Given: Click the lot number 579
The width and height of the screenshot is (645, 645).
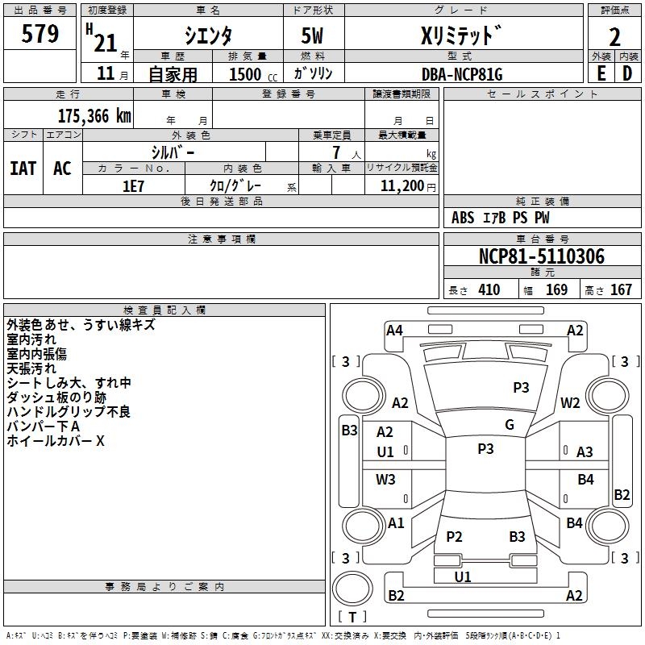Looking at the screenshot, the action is point(40,34).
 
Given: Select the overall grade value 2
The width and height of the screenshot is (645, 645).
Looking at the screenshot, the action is point(614,37).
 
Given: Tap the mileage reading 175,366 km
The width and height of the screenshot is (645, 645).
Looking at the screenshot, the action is point(94,116).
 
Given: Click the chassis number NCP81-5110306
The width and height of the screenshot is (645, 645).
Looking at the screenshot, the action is point(542,256).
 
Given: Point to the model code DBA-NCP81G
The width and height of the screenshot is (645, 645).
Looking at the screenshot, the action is point(462,74).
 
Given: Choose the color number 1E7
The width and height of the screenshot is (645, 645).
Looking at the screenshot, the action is point(133,186).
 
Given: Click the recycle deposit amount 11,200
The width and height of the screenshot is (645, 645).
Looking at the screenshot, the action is point(402,186).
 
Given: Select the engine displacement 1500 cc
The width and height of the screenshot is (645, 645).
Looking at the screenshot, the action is point(253,74).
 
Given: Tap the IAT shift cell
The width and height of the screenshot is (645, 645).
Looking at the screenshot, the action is point(23,169).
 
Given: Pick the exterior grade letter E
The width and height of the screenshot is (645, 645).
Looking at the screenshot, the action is point(601,73).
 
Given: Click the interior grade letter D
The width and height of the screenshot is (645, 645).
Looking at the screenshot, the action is point(627,73).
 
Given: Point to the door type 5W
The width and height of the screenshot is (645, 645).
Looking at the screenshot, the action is point(312,35).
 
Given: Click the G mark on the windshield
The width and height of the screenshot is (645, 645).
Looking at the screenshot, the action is point(510,424).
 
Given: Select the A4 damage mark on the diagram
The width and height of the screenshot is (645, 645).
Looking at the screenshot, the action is point(394,331).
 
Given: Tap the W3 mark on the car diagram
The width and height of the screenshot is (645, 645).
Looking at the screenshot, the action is point(385,479).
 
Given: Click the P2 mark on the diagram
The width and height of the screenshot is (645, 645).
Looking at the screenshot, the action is point(454,536).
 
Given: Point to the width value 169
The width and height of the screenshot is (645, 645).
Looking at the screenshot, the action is point(556,289).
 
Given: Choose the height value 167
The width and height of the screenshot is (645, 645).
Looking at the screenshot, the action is point(621,289).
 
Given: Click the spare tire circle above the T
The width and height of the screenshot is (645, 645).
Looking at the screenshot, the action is point(352,589).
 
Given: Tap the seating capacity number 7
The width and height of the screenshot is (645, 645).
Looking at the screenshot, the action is point(336,152).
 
